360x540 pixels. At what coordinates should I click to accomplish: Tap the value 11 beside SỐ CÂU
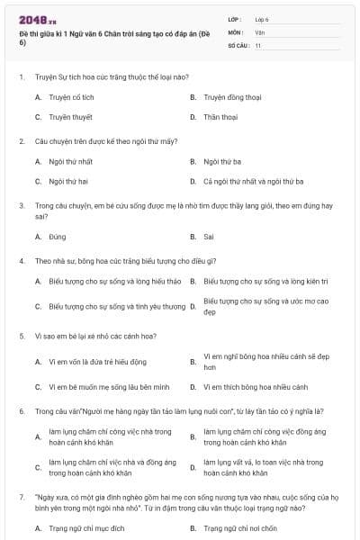point(258,44)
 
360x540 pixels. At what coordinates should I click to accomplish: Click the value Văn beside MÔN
point(260,31)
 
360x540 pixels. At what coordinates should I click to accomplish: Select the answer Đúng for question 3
point(58,237)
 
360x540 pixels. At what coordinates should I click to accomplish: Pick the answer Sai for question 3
point(209,237)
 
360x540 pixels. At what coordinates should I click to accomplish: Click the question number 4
point(22,261)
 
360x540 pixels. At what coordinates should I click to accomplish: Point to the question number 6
point(22,411)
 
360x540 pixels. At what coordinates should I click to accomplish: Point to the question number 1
point(22,76)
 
